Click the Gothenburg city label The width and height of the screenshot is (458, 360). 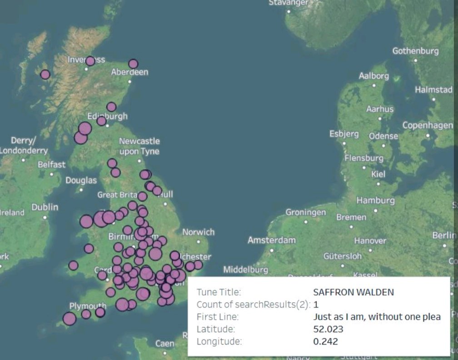tap(415, 51)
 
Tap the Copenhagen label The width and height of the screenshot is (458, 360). tap(427, 125)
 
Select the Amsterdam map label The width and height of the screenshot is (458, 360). tap(271, 240)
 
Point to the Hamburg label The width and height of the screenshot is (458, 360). tap(375, 200)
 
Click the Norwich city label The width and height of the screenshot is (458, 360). tap(198, 232)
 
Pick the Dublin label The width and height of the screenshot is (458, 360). tap(45, 207)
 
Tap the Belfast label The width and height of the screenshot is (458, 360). tap(51, 165)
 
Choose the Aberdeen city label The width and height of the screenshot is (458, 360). tap(129, 72)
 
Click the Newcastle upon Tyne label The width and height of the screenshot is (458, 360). tap(139, 146)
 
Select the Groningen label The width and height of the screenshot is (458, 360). tap(305, 213)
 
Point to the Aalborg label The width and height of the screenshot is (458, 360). tap(373, 76)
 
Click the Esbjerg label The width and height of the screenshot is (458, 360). tap(344, 134)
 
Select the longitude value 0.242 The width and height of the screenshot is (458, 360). tap(325, 341)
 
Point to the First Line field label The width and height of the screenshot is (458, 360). tap(217, 317)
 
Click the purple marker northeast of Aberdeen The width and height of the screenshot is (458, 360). tap(133, 64)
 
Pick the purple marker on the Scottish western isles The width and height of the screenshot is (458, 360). tap(45, 75)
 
